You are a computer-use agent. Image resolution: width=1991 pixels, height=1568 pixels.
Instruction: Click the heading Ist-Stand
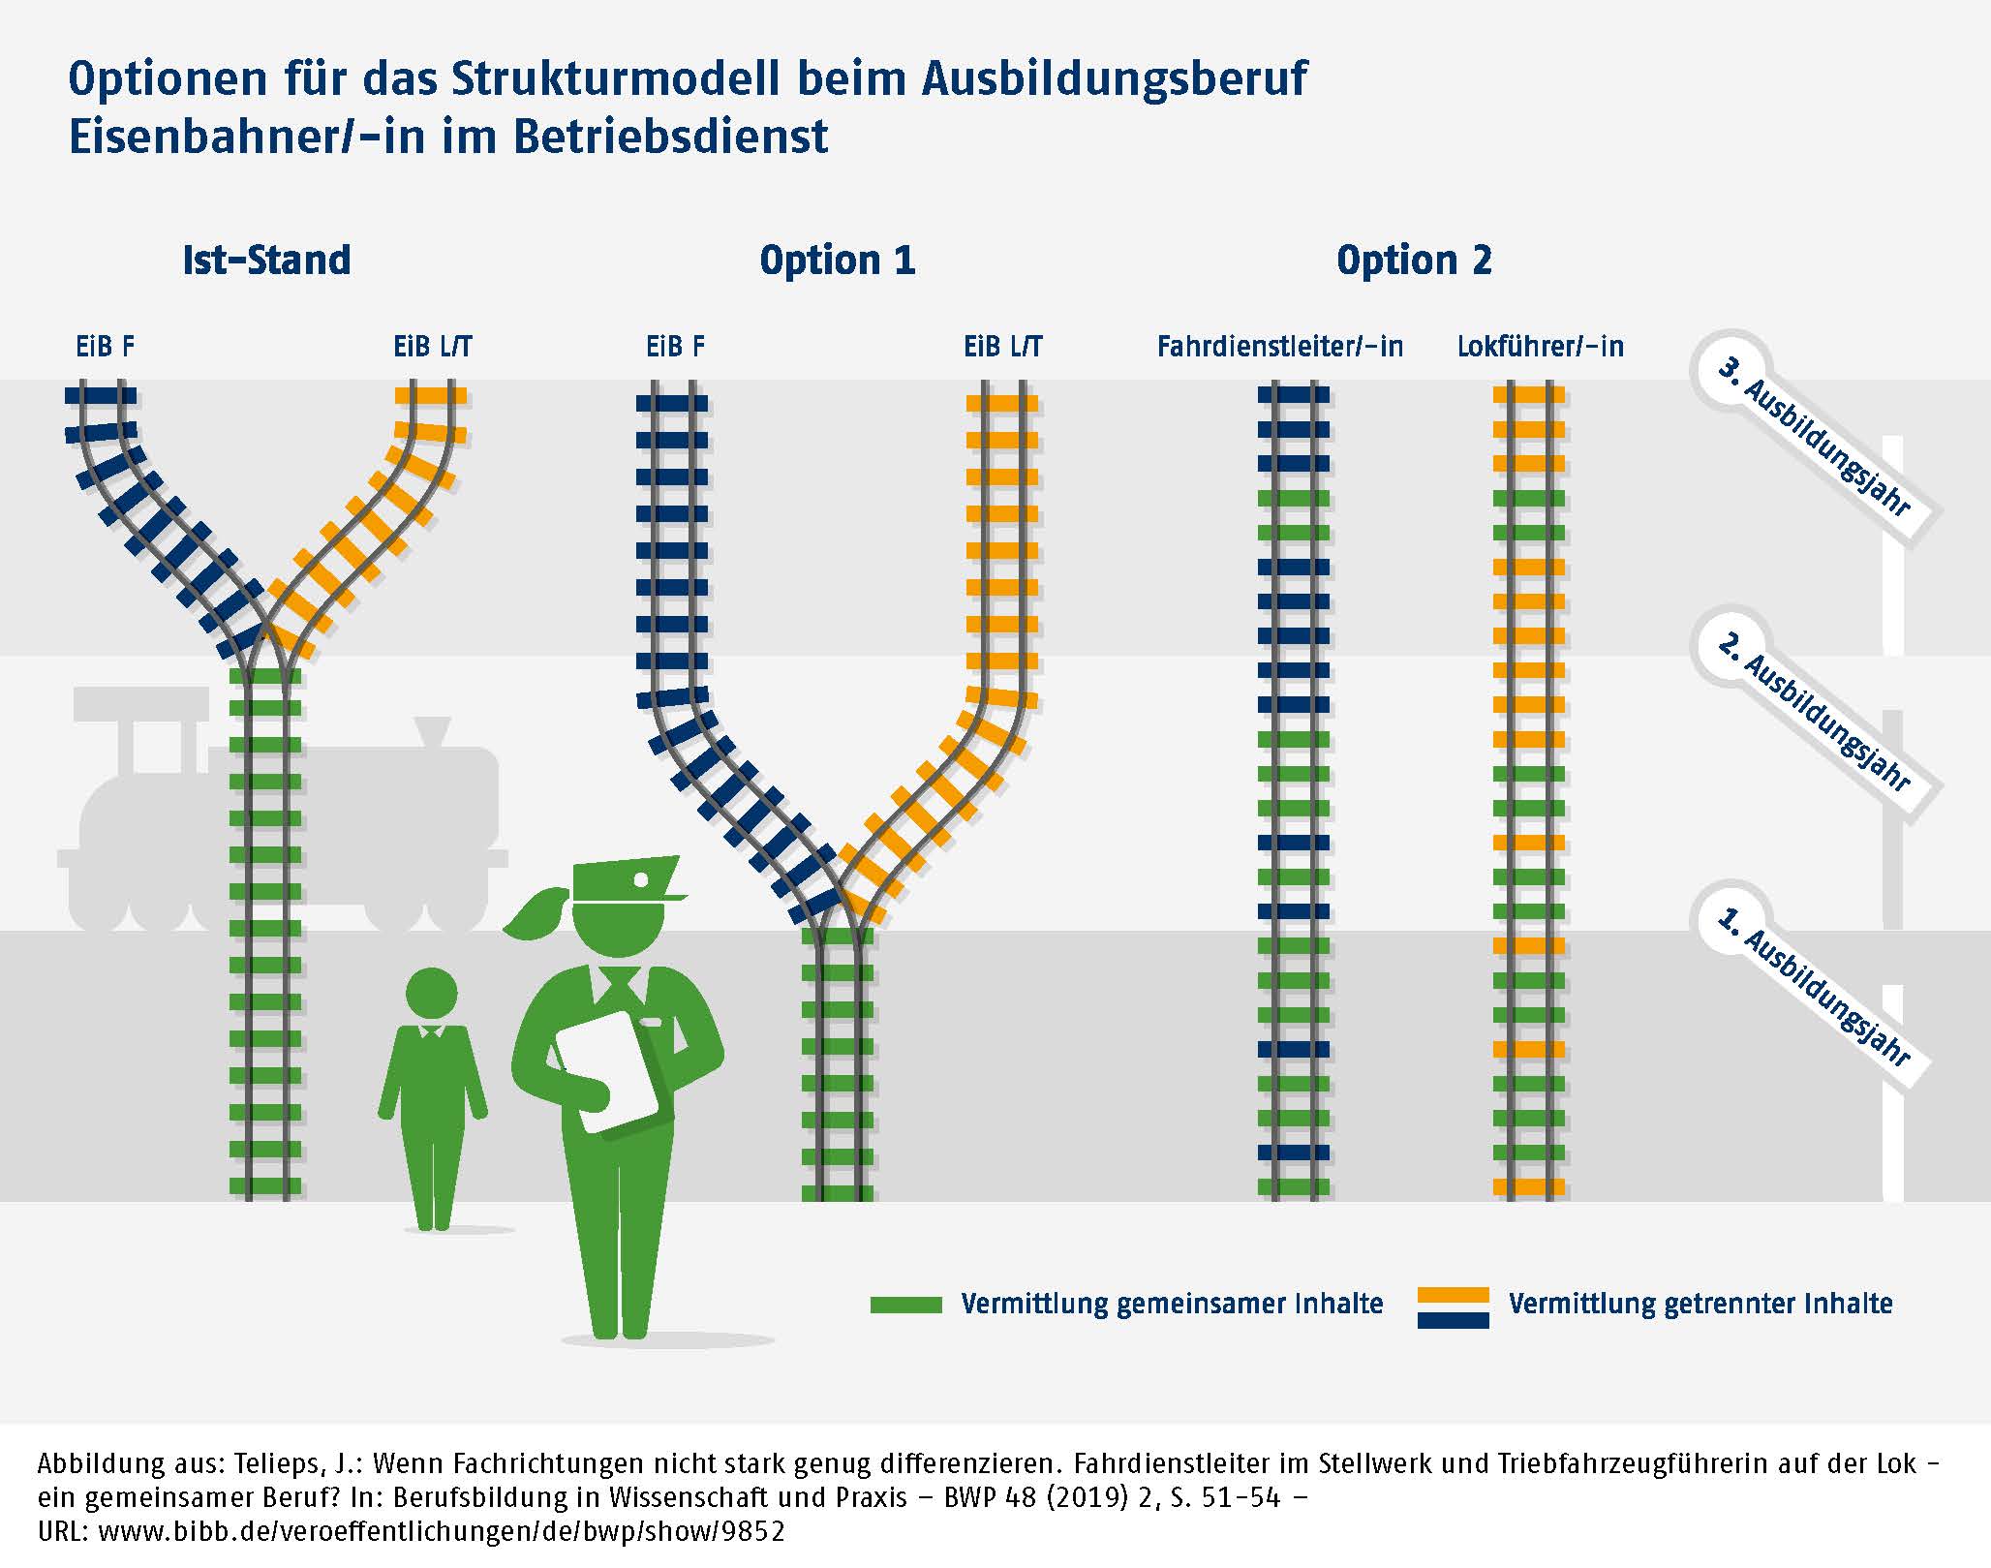pyautogui.click(x=266, y=261)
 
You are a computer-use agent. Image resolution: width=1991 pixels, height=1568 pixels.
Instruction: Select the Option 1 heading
pyautogui.click(x=837, y=261)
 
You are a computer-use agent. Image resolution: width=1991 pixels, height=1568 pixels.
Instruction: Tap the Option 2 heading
pyautogui.click(x=1414, y=261)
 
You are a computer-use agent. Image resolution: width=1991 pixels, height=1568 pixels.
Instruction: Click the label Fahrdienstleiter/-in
pyautogui.click(x=1279, y=347)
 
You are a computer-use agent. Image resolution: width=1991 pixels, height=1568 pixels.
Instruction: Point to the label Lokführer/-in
pyautogui.click(x=1540, y=347)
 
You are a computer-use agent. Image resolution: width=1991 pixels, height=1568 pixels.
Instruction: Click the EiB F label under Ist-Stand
pyautogui.click(x=106, y=347)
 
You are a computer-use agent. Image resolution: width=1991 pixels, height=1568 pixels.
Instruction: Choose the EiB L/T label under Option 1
pyautogui.click(x=1002, y=347)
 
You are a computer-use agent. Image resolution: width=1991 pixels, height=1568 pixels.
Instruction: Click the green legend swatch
pyautogui.click(x=905, y=1305)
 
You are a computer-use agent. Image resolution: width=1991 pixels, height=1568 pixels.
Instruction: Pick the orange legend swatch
pyautogui.click(x=1453, y=1295)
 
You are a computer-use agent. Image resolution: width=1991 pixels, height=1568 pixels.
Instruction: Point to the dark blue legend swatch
pyautogui.click(x=1453, y=1319)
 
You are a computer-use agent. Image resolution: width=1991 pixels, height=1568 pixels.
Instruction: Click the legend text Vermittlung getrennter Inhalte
pyautogui.click(x=1700, y=1305)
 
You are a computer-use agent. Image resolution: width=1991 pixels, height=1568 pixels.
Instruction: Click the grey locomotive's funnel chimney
pyautogui.click(x=433, y=730)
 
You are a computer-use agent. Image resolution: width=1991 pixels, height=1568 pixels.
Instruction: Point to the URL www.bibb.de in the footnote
pyautogui.click(x=441, y=1531)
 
